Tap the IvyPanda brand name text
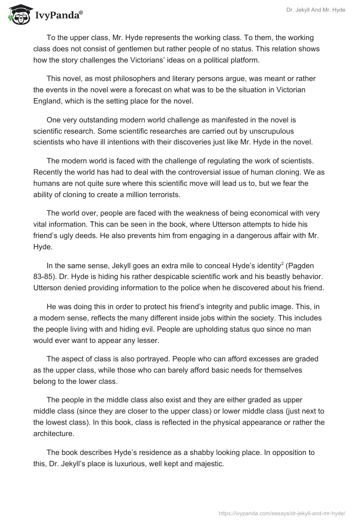(x=58, y=16)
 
